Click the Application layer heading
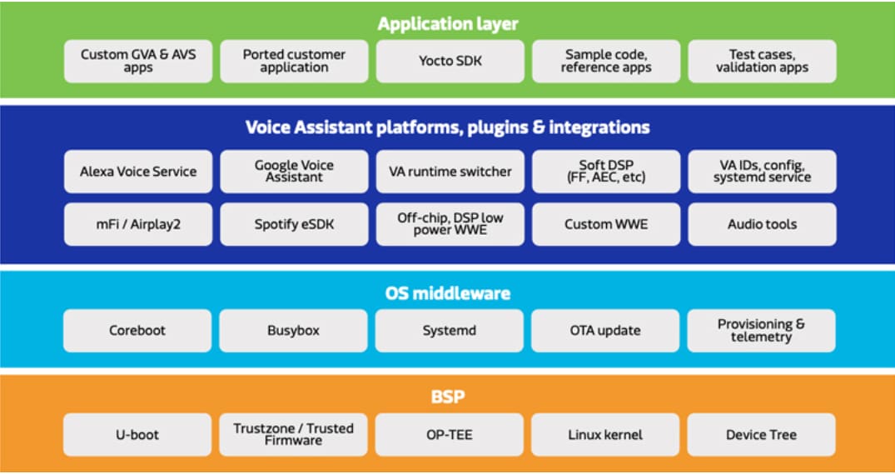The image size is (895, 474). pos(448,23)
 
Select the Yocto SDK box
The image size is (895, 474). pos(450,61)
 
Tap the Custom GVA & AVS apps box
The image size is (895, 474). pos(138,61)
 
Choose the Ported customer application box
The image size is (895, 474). pos(294,61)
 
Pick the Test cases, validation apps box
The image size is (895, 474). pos(762,61)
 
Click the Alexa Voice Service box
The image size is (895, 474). pos(138,172)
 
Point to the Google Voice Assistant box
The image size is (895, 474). pos(294,172)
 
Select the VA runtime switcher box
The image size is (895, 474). pos(450,172)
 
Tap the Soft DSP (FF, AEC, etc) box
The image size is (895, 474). pos(606,172)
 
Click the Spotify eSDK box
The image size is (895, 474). pos(294,224)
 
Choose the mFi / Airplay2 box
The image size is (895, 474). pos(138,224)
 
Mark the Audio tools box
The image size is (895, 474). pos(762,224)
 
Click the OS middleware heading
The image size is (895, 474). pos(448,293)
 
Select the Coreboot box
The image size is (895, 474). pos(138,331)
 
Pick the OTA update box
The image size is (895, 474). pos(606,331)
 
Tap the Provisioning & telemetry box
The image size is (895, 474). pos(762,331)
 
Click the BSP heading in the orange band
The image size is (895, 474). pos(448,397)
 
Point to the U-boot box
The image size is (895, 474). pos(138,435)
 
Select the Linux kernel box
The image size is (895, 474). pos(606,435)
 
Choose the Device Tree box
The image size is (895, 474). pos(762,435)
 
